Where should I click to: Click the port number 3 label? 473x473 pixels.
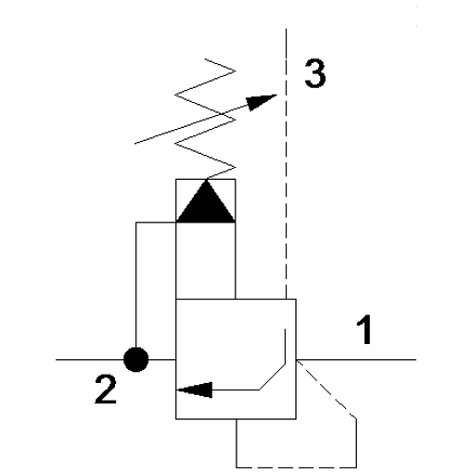pos(315,73)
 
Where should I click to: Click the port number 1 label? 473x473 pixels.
pos(364,329)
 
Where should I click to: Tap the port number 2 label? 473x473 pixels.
pos(106,390)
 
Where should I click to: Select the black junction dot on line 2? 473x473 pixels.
pos(136,360)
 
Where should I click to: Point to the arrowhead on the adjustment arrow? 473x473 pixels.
pos(261,101)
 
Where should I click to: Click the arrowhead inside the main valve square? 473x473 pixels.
pos(195,390)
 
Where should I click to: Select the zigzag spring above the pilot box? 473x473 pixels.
pos(205,119)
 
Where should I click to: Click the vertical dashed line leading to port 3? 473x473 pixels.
pos(286,164)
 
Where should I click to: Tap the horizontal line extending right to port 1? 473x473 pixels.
pos(356,360)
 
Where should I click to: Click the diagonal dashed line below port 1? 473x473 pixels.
pos(326,390)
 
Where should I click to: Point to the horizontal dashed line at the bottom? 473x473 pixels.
pos(297,467)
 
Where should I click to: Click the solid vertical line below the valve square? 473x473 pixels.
pos(236,443)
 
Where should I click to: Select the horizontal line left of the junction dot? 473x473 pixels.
pos(90,360)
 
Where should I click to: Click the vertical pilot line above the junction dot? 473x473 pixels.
pos(136,285)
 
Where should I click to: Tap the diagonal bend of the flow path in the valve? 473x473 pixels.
pos(272,377)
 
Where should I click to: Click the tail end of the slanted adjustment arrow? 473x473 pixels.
pos(134,144)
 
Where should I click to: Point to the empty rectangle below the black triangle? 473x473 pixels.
pos(206,261)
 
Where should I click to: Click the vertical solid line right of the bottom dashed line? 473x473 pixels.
pos(356,443)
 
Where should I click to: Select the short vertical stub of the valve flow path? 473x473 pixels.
pos(285,347)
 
